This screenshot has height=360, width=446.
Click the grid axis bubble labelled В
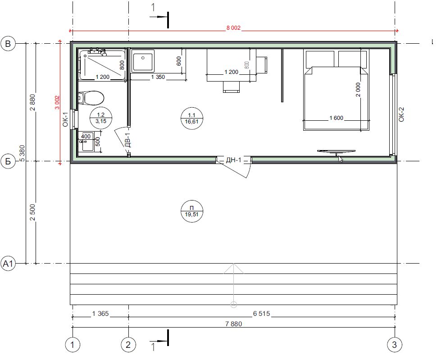pyautogui.click(x=8, y=44)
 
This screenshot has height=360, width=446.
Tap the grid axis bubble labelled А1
pyautogui.click(x=8, y=264)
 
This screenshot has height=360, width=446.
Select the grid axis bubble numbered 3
pyautogui.click(x=395, y=345)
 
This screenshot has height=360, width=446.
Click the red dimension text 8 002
pyautogui.click(x=233, y=28)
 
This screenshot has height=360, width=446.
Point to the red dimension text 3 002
pyautogui.click(x=57, y=102)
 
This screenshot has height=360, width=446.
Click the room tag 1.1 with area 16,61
pyautogui.click(x=192, y=118)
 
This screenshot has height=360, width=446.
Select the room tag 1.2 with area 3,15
pyautogui.click(x=101, y=118)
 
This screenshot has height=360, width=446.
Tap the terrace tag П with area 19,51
pyautogui.click(x=192, y=211)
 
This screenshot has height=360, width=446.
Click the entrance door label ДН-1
pyautogui.click(x=233, y=160)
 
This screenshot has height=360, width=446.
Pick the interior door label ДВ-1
pyautogui.click(x=127, y=140)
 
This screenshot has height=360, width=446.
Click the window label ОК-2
pyautogui.click(x=401, y=114)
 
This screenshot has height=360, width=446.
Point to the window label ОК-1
pyautogui.click(x=65, y=119)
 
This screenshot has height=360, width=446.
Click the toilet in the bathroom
pyautogui.click(x=91, y=98)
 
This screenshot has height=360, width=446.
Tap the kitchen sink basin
pyautogui.click(x=143, y=60)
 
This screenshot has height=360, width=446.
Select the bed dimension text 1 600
pyautogui.click(x=336, y=118)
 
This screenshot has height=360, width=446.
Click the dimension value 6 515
pyautogui.click(x=261, y=314)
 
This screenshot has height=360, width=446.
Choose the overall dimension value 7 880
pyautogui.click(x=233, y=324)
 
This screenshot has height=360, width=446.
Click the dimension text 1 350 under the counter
pyautogui.click(x=158, y=77)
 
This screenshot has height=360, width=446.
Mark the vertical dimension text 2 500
pyautogui.click(x=33, y=212)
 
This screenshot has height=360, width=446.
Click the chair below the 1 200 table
pyautogui.click(x=231, y=87)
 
